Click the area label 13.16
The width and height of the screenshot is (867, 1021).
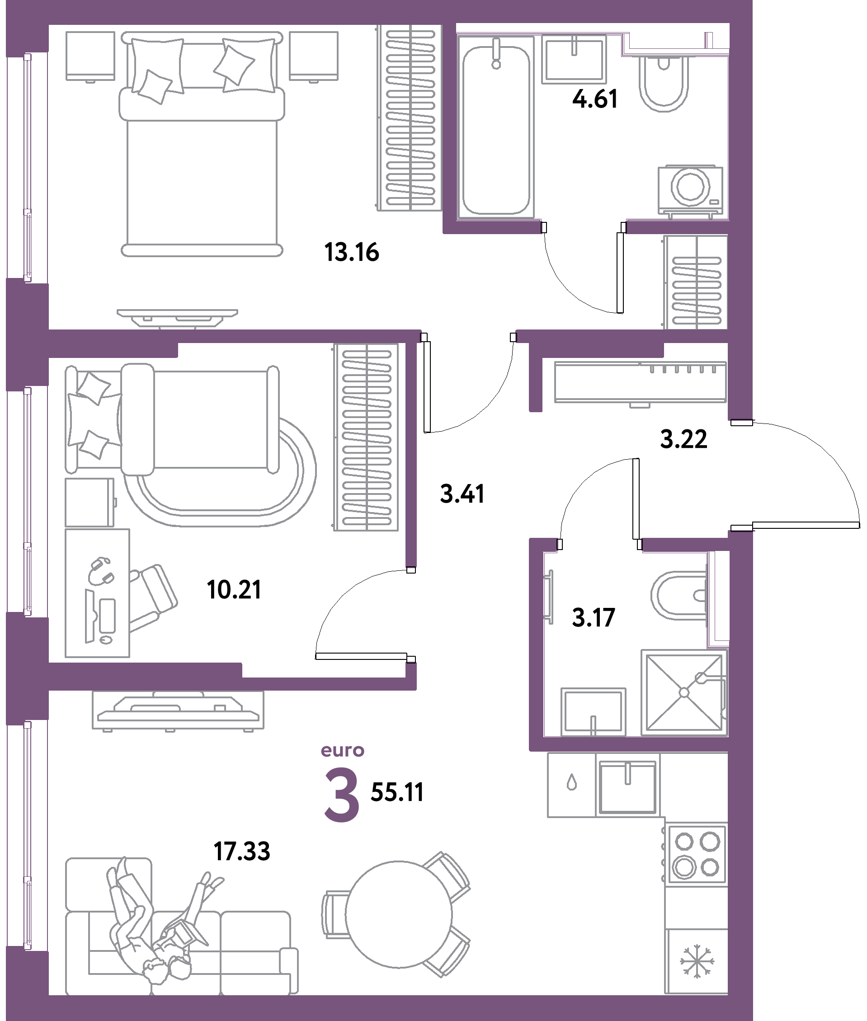(352, 253)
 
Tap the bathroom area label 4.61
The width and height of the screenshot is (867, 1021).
(595, 99)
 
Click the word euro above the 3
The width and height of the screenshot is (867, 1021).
(343, 751)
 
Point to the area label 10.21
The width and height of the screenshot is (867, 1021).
(234, 589)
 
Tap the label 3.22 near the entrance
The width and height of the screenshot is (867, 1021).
(683, 439)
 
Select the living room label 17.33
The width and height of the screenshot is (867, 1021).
(242, 852)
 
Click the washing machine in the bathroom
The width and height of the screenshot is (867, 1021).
(691, 190)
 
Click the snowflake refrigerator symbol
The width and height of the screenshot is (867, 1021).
(697, 960)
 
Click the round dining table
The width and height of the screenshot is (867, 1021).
(398, 914)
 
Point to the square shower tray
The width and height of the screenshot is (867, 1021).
(683, 692)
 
